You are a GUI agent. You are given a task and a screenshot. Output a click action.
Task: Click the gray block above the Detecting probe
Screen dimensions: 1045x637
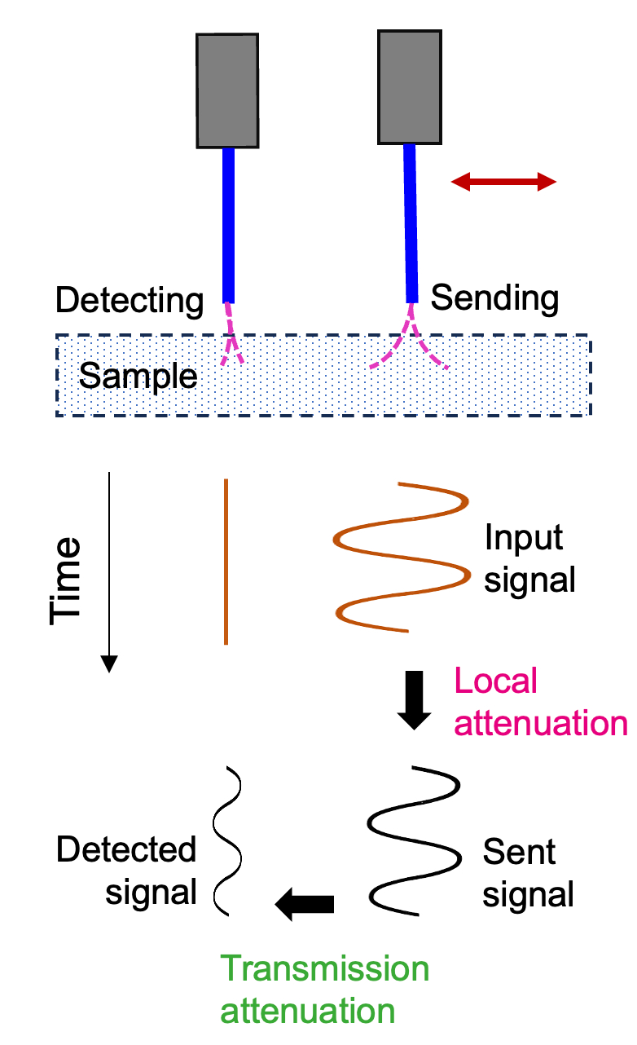(x=227, y=90)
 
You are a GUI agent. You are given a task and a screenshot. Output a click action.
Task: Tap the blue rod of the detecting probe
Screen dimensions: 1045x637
(x=229, y=224)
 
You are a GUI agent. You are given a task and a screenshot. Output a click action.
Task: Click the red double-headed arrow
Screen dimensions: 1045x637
(x=503, y=183)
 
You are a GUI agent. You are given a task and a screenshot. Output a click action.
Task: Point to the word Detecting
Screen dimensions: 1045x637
(x=129, y=301)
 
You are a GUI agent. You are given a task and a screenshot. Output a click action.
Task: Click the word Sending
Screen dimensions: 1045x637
(x=494, y=298)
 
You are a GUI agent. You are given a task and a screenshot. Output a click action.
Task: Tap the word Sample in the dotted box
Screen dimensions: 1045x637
(x=138, y=377)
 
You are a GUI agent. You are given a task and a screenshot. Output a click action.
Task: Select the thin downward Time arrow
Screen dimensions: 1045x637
(x=109, y=571)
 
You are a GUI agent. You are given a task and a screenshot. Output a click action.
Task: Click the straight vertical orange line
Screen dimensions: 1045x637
(x=226, y=562)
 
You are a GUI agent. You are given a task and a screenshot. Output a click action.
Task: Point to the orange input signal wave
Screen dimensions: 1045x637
(x=402, y=557)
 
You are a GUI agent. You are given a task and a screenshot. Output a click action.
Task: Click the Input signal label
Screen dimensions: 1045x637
(x=529, y=559)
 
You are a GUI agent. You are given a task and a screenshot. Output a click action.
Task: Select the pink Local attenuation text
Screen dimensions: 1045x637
(x=540, y=702)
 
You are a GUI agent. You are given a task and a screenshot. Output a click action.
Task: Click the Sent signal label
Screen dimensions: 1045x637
(x=528, y=873)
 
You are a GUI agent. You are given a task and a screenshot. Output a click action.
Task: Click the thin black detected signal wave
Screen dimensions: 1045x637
(x=227, y=840)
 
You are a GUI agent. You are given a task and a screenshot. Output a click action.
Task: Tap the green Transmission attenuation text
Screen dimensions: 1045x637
(x=325, y=989)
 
